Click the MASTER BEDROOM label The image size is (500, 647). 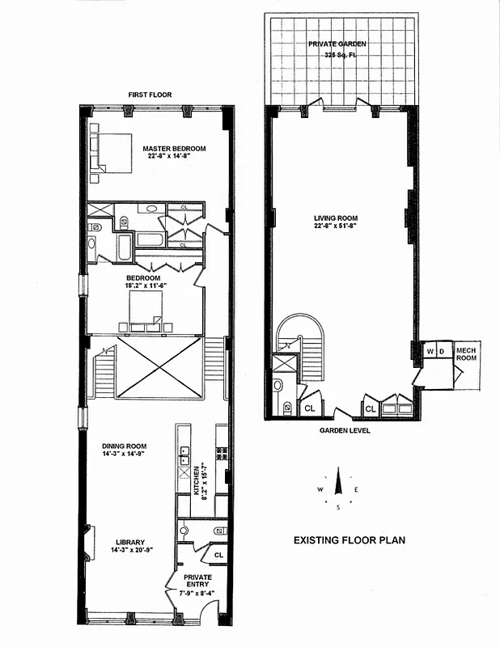point(174,148)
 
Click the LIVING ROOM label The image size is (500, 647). point(336,218)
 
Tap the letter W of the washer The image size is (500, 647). point(430,351)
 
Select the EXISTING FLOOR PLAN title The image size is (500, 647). point(349,539)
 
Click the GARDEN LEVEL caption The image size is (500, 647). point(344,431)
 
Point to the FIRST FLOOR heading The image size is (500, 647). point(150,95)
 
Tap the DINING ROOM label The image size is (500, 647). point(124,445)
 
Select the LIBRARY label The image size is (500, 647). point(129,542)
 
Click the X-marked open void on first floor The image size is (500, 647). point(158,368)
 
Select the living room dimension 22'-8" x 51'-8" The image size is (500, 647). point(336,226)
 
